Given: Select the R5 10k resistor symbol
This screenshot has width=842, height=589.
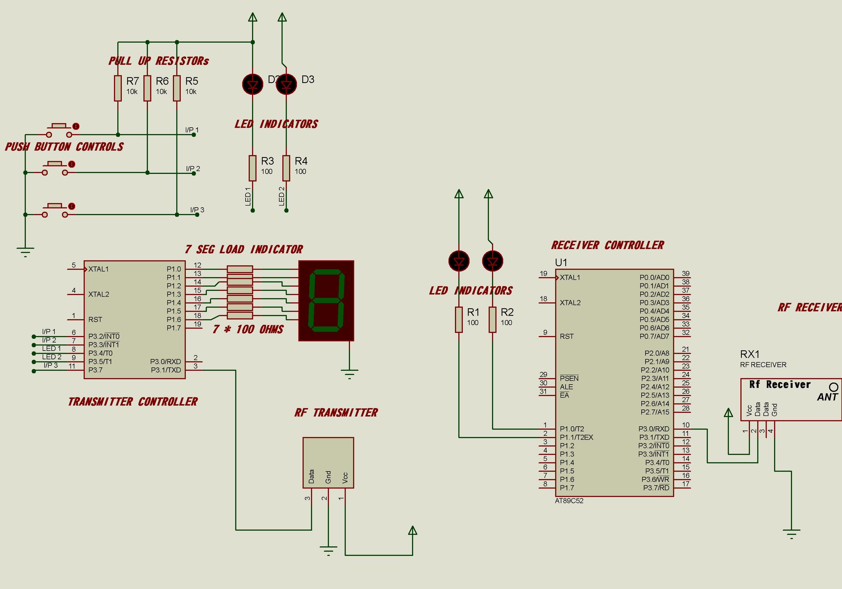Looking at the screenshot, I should (177, 88).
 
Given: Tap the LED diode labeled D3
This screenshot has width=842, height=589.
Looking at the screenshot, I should (286, 84).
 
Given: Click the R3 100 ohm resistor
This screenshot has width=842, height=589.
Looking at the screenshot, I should (253, 168).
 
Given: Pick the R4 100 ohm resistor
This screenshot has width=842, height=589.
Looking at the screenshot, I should (286, 168).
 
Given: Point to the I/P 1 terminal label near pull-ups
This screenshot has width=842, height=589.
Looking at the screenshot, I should (192, 130).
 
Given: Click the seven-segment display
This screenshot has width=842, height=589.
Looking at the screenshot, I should (326, 300).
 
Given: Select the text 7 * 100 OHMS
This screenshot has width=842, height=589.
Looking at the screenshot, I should (248, 329).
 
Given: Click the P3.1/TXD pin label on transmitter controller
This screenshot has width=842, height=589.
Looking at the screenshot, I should (166, 370).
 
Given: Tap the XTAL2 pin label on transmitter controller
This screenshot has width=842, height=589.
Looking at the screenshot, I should (99, 294).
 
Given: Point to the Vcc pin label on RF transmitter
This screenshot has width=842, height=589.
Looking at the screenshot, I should (345, 478).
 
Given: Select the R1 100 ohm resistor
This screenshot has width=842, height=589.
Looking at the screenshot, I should (459, 320).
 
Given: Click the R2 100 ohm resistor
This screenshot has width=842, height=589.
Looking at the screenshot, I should (493, 320).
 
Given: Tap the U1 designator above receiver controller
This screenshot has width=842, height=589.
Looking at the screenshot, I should (561, 263).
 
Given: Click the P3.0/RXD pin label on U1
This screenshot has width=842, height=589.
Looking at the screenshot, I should (654, 429).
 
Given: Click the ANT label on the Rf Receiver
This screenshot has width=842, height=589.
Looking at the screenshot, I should (827, 397).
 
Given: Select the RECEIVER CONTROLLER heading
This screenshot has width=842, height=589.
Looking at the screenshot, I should (607, 245).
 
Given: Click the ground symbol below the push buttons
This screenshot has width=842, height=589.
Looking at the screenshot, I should (25, 252).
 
